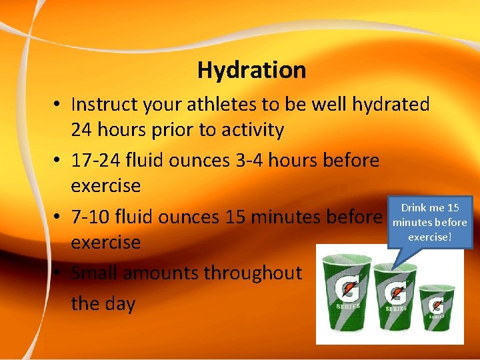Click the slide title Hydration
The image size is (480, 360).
251,70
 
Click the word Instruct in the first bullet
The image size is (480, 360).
102,105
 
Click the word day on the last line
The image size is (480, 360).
121,303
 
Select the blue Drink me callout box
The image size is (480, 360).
429,222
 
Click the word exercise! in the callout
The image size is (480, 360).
430,237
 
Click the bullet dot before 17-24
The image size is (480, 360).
58,161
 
